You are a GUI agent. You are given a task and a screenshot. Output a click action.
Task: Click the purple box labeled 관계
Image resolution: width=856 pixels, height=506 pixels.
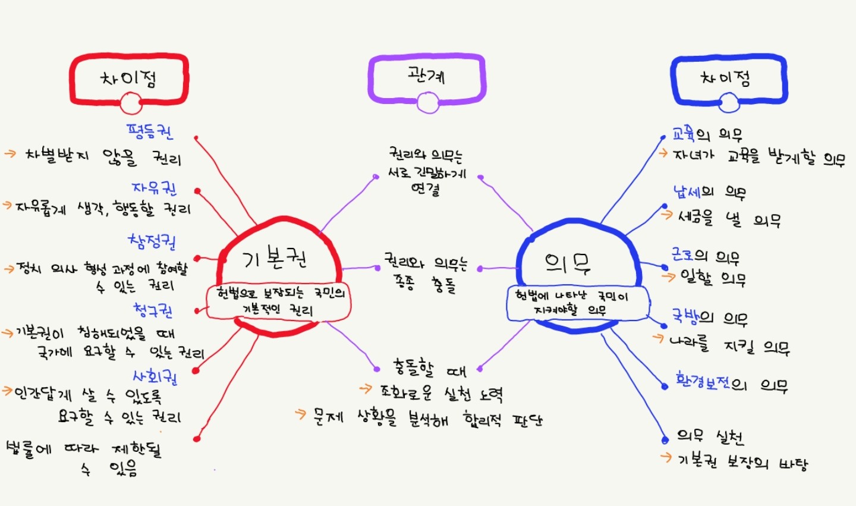tap(427, 79)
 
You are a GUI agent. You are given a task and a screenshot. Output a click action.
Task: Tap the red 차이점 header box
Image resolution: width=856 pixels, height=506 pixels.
tap(129, 80)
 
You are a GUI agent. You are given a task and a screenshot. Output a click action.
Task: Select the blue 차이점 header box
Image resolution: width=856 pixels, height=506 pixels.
tap(729, 80)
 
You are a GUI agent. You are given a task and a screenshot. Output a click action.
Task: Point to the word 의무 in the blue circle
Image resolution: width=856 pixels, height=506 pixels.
tap(568, 263)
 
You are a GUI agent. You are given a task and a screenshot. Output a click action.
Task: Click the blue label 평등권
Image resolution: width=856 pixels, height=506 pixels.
tap(150, 131)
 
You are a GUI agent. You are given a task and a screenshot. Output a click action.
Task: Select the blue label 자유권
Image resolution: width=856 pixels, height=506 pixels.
tap(155, 188)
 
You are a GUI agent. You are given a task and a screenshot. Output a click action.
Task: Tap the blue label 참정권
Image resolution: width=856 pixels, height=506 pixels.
tap(152, 241)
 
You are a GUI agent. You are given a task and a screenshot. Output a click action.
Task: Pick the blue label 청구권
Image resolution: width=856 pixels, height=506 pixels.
tap(153, 311)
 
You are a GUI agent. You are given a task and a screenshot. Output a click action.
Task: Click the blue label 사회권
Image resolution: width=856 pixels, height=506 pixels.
tap(155, 377)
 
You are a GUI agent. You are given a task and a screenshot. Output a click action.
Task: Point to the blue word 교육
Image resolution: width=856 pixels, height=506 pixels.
tap(684, 134)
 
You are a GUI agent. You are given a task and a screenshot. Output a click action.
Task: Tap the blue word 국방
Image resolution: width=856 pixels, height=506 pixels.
tap(687, 317)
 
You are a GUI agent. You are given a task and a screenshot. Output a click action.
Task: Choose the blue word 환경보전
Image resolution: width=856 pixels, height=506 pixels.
tap(703, 381)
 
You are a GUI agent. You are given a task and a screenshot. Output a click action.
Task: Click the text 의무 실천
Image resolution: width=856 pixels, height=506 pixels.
tap(710, 437)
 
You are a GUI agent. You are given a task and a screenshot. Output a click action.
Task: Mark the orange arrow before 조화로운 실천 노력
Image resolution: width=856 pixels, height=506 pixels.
tap(366, 389)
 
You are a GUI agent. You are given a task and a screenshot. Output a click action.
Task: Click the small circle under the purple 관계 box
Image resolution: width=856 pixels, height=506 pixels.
tap(428, 102)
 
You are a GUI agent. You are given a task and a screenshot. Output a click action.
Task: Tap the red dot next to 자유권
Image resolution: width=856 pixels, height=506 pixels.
tap(197, 191)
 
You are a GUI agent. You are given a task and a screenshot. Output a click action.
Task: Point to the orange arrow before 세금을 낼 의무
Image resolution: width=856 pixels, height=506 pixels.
tap(667, 215)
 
